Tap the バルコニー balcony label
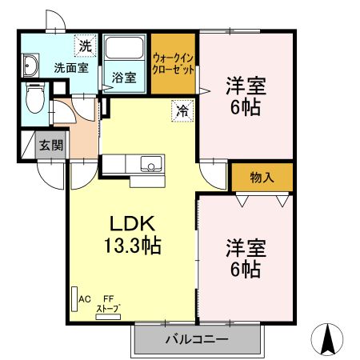tap(197, 339)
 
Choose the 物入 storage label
tap(262, 177)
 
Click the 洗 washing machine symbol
tap(84, 45)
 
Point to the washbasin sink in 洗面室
tap(31, 66)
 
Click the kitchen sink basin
tap(150, 165)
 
